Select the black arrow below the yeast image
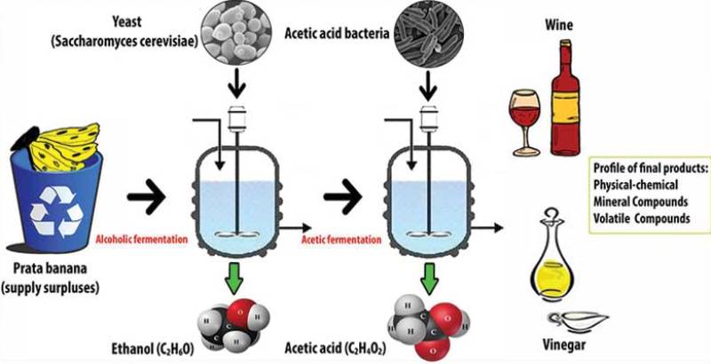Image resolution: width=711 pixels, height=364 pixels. [x=236, y=87]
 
